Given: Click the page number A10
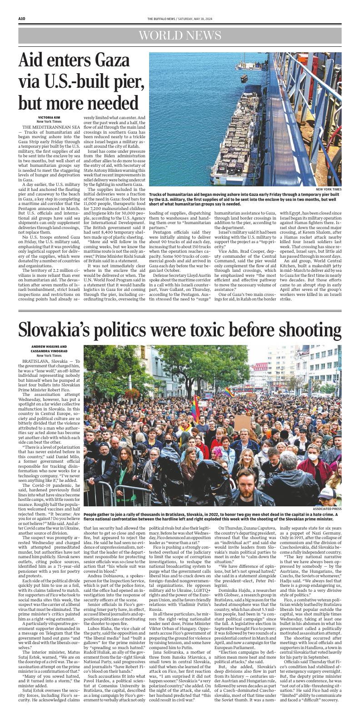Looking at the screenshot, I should (21, 18).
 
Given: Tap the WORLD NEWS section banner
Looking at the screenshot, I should (180, 36).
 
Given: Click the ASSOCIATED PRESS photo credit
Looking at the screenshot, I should (327, 509).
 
